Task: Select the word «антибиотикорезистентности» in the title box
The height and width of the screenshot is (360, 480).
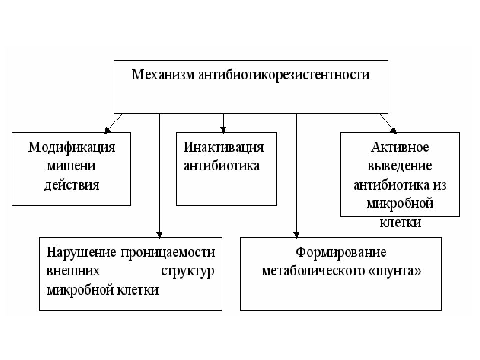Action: point(284,75)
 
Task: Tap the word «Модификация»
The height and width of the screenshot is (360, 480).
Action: point(72,148)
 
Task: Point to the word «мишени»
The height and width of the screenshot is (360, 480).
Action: point(71,166)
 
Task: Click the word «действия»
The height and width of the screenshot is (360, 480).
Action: point(72,185)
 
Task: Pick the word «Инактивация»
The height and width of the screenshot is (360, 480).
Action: point(224,147)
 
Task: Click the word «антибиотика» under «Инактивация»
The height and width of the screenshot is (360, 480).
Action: point(221,166)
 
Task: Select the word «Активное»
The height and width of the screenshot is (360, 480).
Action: point(400,148)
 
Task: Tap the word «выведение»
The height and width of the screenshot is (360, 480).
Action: point(400,166)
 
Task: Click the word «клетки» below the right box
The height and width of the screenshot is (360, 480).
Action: point(400,222)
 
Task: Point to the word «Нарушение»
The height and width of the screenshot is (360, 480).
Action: point(81,253)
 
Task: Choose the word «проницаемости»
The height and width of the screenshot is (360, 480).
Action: point(168,253)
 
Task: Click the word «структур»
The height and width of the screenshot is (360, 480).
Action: point(188,271)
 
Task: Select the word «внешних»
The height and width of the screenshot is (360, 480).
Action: point(73,271)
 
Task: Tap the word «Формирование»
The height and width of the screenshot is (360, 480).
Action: point(341,253)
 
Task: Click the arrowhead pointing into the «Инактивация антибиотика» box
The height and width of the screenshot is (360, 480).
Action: point(224,130)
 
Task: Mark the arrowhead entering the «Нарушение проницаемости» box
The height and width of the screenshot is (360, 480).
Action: point(159,235)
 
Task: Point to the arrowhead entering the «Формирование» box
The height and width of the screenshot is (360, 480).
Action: point(296,235)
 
